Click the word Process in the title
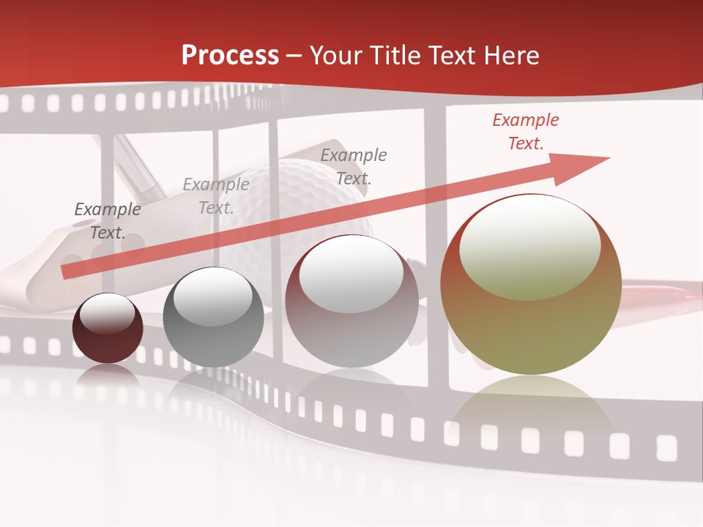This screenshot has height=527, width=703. [x=230, y=56]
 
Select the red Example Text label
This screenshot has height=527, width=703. [x=525, y=132]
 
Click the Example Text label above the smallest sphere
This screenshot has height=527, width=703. [x=108, y=221]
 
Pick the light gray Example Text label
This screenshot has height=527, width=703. [x=215, y=196]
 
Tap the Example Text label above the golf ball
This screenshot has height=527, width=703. [x=354, y=166]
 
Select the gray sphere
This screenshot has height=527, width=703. [x=213, y=318]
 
